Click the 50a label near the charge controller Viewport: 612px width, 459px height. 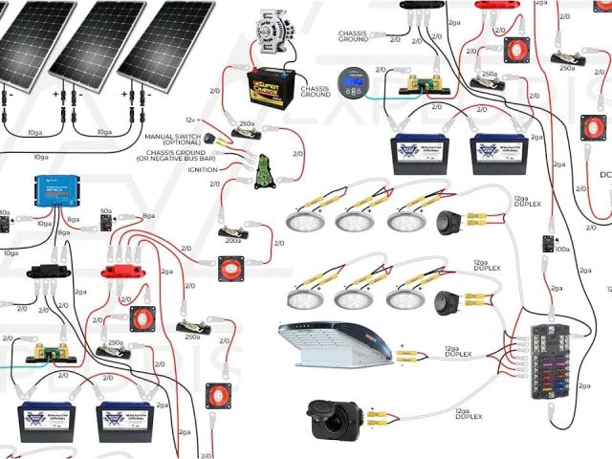tap(106, 209)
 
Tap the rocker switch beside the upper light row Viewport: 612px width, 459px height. tap(448, 224)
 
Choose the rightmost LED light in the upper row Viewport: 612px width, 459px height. tap(406, 220)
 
